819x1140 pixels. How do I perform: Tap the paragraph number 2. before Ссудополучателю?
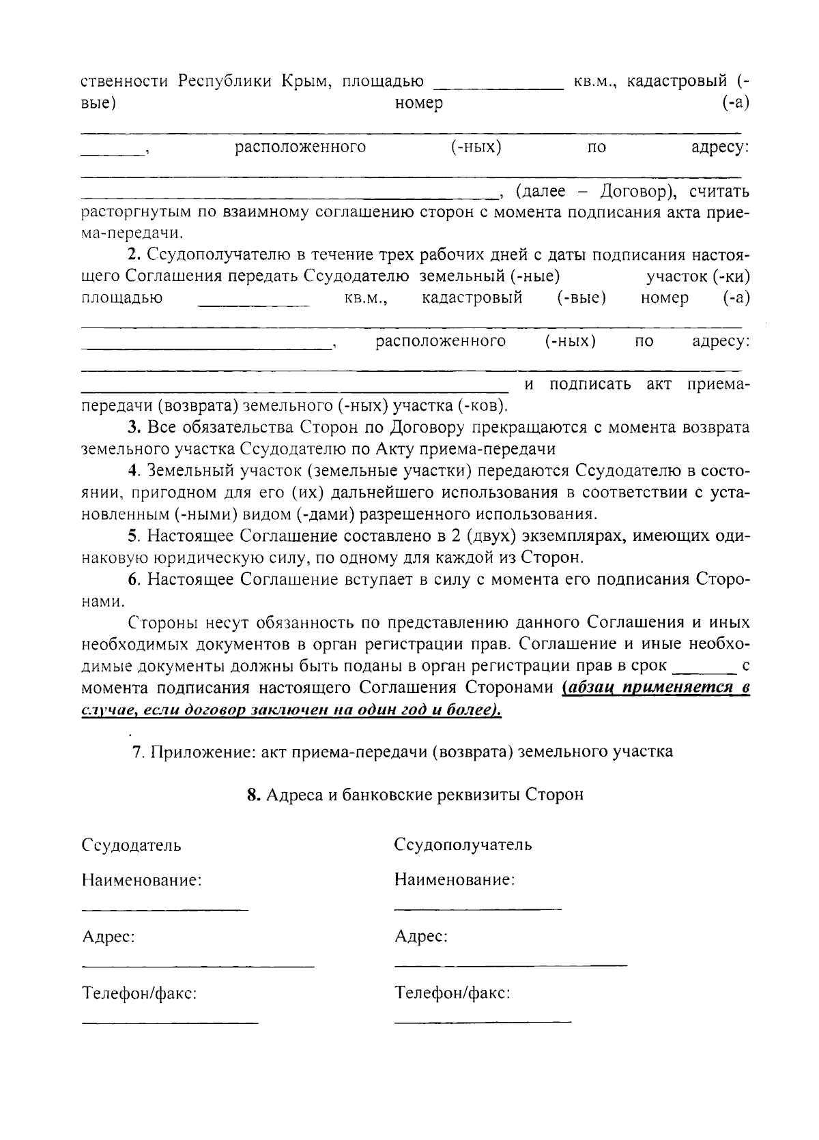pos(134,255)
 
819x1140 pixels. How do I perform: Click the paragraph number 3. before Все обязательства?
pos(134,428)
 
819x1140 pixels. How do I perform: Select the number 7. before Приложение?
pos(138,752)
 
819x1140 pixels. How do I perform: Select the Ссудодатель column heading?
pos(131,845)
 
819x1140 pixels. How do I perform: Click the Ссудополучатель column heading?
pos(463,845)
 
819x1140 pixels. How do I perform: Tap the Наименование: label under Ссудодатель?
pos(141,880)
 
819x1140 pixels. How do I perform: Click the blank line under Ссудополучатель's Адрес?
pos(511,965)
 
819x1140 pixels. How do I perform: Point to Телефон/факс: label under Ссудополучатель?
pos(452,993)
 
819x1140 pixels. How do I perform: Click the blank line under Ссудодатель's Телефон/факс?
pos(170,1022)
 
